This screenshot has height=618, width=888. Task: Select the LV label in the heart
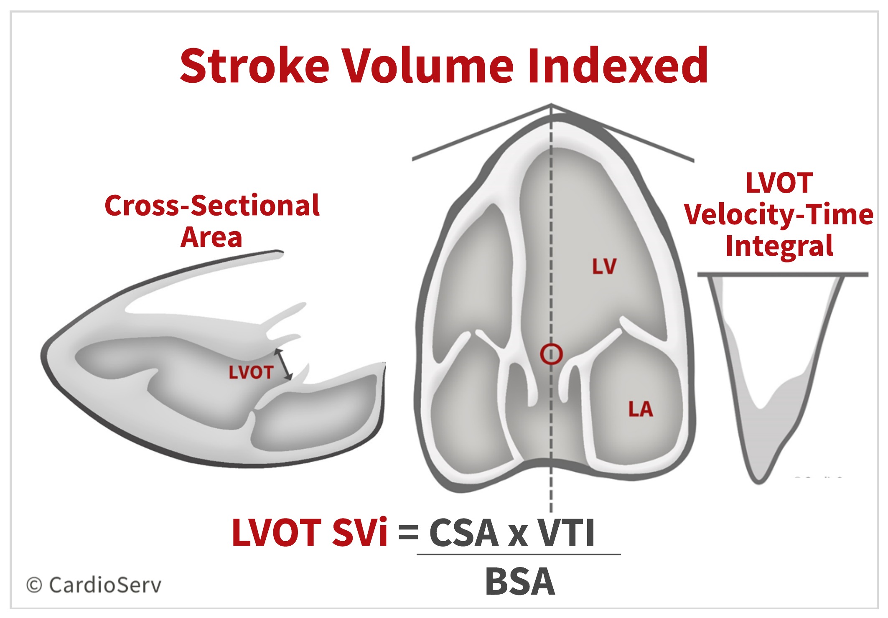click(604, 266)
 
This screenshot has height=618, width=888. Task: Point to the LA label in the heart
click(640, 409)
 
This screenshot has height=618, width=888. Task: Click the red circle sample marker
click(551, 354)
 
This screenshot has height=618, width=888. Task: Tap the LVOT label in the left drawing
click(251, 372)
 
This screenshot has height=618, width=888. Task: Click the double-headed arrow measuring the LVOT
click(284, 364)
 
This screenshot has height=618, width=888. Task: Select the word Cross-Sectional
click(212, 206)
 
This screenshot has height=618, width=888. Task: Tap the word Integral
click(779, 246)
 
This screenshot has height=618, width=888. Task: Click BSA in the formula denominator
click(520, 582)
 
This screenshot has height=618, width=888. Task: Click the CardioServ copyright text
click(94, 585)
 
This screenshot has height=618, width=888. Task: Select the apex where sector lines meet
click(551, 105)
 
